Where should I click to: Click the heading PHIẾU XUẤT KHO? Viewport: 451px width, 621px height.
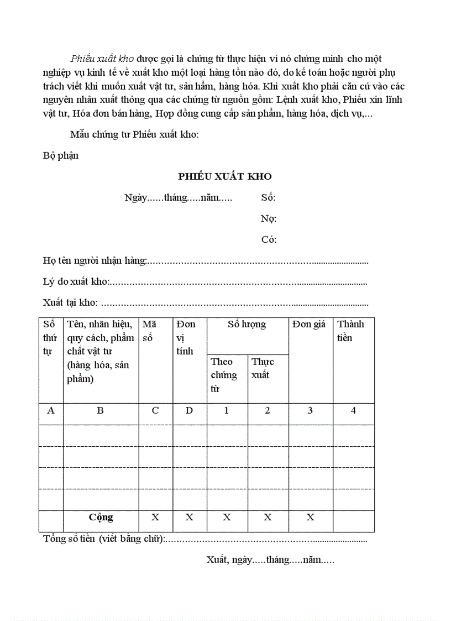tap(225, 176)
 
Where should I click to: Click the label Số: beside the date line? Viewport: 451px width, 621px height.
tap(268, 198)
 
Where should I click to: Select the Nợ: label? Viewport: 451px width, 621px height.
tap(269, 218)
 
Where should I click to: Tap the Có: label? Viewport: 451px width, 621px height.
tap(269, 239)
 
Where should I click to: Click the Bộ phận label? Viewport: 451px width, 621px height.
tap(61, 155)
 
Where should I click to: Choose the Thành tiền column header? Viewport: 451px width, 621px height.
tap(351, 331)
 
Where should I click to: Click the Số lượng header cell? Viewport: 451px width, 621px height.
tap(247, 325)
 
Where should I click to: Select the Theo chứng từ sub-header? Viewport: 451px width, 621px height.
tap(223, 375)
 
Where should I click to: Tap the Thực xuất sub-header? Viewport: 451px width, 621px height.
tap(263, 368)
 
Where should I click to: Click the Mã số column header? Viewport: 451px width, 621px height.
tap(150, 331)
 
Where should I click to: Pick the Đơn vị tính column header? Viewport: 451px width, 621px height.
tap(186, 337)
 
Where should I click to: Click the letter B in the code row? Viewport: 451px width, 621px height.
tap(100, 411)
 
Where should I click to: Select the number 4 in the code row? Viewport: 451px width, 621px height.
tap(353, 411)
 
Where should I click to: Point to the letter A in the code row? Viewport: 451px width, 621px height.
tap(51, 411)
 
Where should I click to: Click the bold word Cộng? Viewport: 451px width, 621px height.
tap(101, 517)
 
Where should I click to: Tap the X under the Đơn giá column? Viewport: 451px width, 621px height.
tap(310, 517)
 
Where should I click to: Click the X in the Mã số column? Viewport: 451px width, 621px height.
tap(155, 517)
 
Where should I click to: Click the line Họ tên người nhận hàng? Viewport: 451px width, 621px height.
tap(95, 260)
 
